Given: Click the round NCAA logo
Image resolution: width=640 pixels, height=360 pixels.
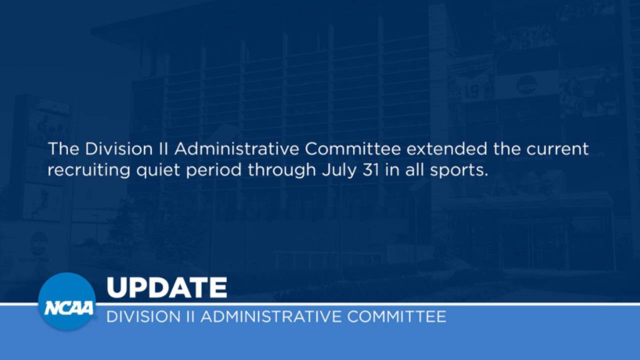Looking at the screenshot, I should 66,301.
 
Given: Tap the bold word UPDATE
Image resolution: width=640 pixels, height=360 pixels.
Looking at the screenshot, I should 166,288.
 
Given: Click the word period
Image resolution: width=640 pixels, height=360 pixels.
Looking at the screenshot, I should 214,170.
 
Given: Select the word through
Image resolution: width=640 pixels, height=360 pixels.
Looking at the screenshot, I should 282,170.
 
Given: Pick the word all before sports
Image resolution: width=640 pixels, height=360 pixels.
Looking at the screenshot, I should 413,170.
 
